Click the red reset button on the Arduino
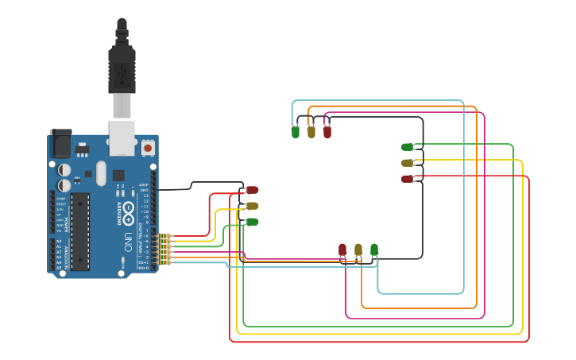click(x=148, y=148)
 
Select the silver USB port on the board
click(x=122, y=137)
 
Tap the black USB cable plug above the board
click(x=122, y=68)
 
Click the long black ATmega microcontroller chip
click(x=80, y=231)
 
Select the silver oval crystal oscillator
click(x=101, y=173)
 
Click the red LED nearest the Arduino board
click(x=253, y=190)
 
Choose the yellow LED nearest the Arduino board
click(x=253, y=206)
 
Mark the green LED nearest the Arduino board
click(x=253, y=222)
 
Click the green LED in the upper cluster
click(x=296, y=132)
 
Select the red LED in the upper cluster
click(x=327, y=132)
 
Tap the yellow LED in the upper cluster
click(x=311, y=132)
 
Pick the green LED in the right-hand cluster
click(x=408, y=147)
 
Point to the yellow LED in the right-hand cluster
click(x=408, y=163)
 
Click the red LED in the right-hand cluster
click(x=408, y=179)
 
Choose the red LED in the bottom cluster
click(x=342, y=250)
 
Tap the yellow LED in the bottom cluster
click(x=358, y=250)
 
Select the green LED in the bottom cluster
click(x=374, y=250)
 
